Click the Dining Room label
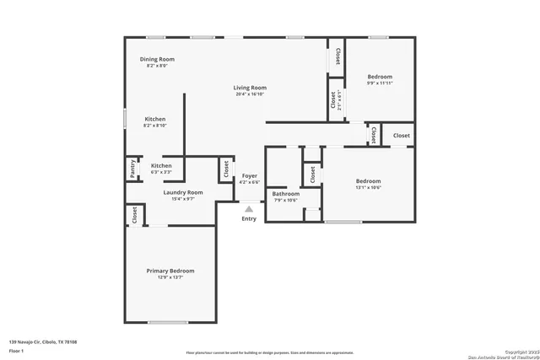tap(157, 59)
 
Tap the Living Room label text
tap(251, 88)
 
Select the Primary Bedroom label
tap(170, 271)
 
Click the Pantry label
tap(132, 169)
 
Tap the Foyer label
tap(250, 175)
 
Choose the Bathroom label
tap(285, 194)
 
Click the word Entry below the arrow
tap(249, 219)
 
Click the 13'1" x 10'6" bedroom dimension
tap(368, 188)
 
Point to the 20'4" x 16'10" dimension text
tap(251, 94)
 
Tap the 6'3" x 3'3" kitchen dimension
tap(161, 172)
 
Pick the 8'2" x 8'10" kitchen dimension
tap(155, 126)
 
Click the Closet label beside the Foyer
tap(226, 169)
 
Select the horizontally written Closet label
tap(401, 135)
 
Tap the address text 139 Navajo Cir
tap(43, 341)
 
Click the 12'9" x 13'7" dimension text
tap(170, 277)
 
